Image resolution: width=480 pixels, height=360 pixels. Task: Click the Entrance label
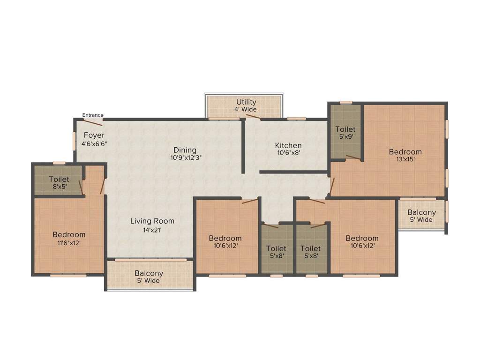(x=93, y=115)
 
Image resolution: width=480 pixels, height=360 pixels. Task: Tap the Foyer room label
(x=94, y=135)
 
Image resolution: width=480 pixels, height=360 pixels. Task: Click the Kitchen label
(x=288, y=145)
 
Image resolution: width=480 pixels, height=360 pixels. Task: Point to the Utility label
(x=246, y=102)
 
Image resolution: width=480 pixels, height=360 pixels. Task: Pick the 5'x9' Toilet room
(x=345, y=133)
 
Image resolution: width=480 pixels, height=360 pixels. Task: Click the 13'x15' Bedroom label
(x=405, y=151)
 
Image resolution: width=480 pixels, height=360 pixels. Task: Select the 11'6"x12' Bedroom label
(x=69, y=234)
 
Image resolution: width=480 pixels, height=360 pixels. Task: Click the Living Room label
(x=152, y=221)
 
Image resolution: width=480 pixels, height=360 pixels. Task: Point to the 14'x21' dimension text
(x=152, y=230)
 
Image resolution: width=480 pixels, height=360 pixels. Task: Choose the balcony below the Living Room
(x=150, y=277)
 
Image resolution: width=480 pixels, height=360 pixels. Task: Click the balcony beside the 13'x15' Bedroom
(x=421, y=216)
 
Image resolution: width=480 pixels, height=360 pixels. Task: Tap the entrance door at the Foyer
(x=93, y=123)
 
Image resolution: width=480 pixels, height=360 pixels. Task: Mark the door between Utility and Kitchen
(x=253, y=117)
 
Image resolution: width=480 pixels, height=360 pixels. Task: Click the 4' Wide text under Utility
(x=246, y=110)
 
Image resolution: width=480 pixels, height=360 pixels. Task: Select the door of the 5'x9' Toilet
(x=353, y=158)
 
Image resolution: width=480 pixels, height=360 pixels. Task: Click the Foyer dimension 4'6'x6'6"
(x=94, y=144)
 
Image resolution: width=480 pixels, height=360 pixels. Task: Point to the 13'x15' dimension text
(x=405, y=159)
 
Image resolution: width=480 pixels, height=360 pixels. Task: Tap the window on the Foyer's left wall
(x=74, y=140)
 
